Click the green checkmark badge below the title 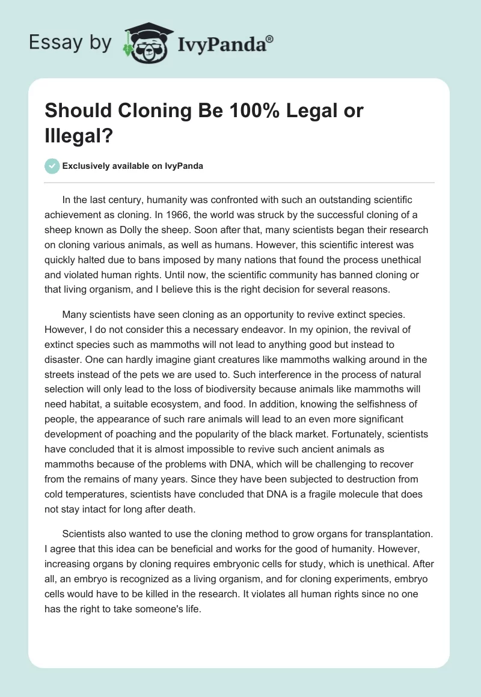point(53,166)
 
